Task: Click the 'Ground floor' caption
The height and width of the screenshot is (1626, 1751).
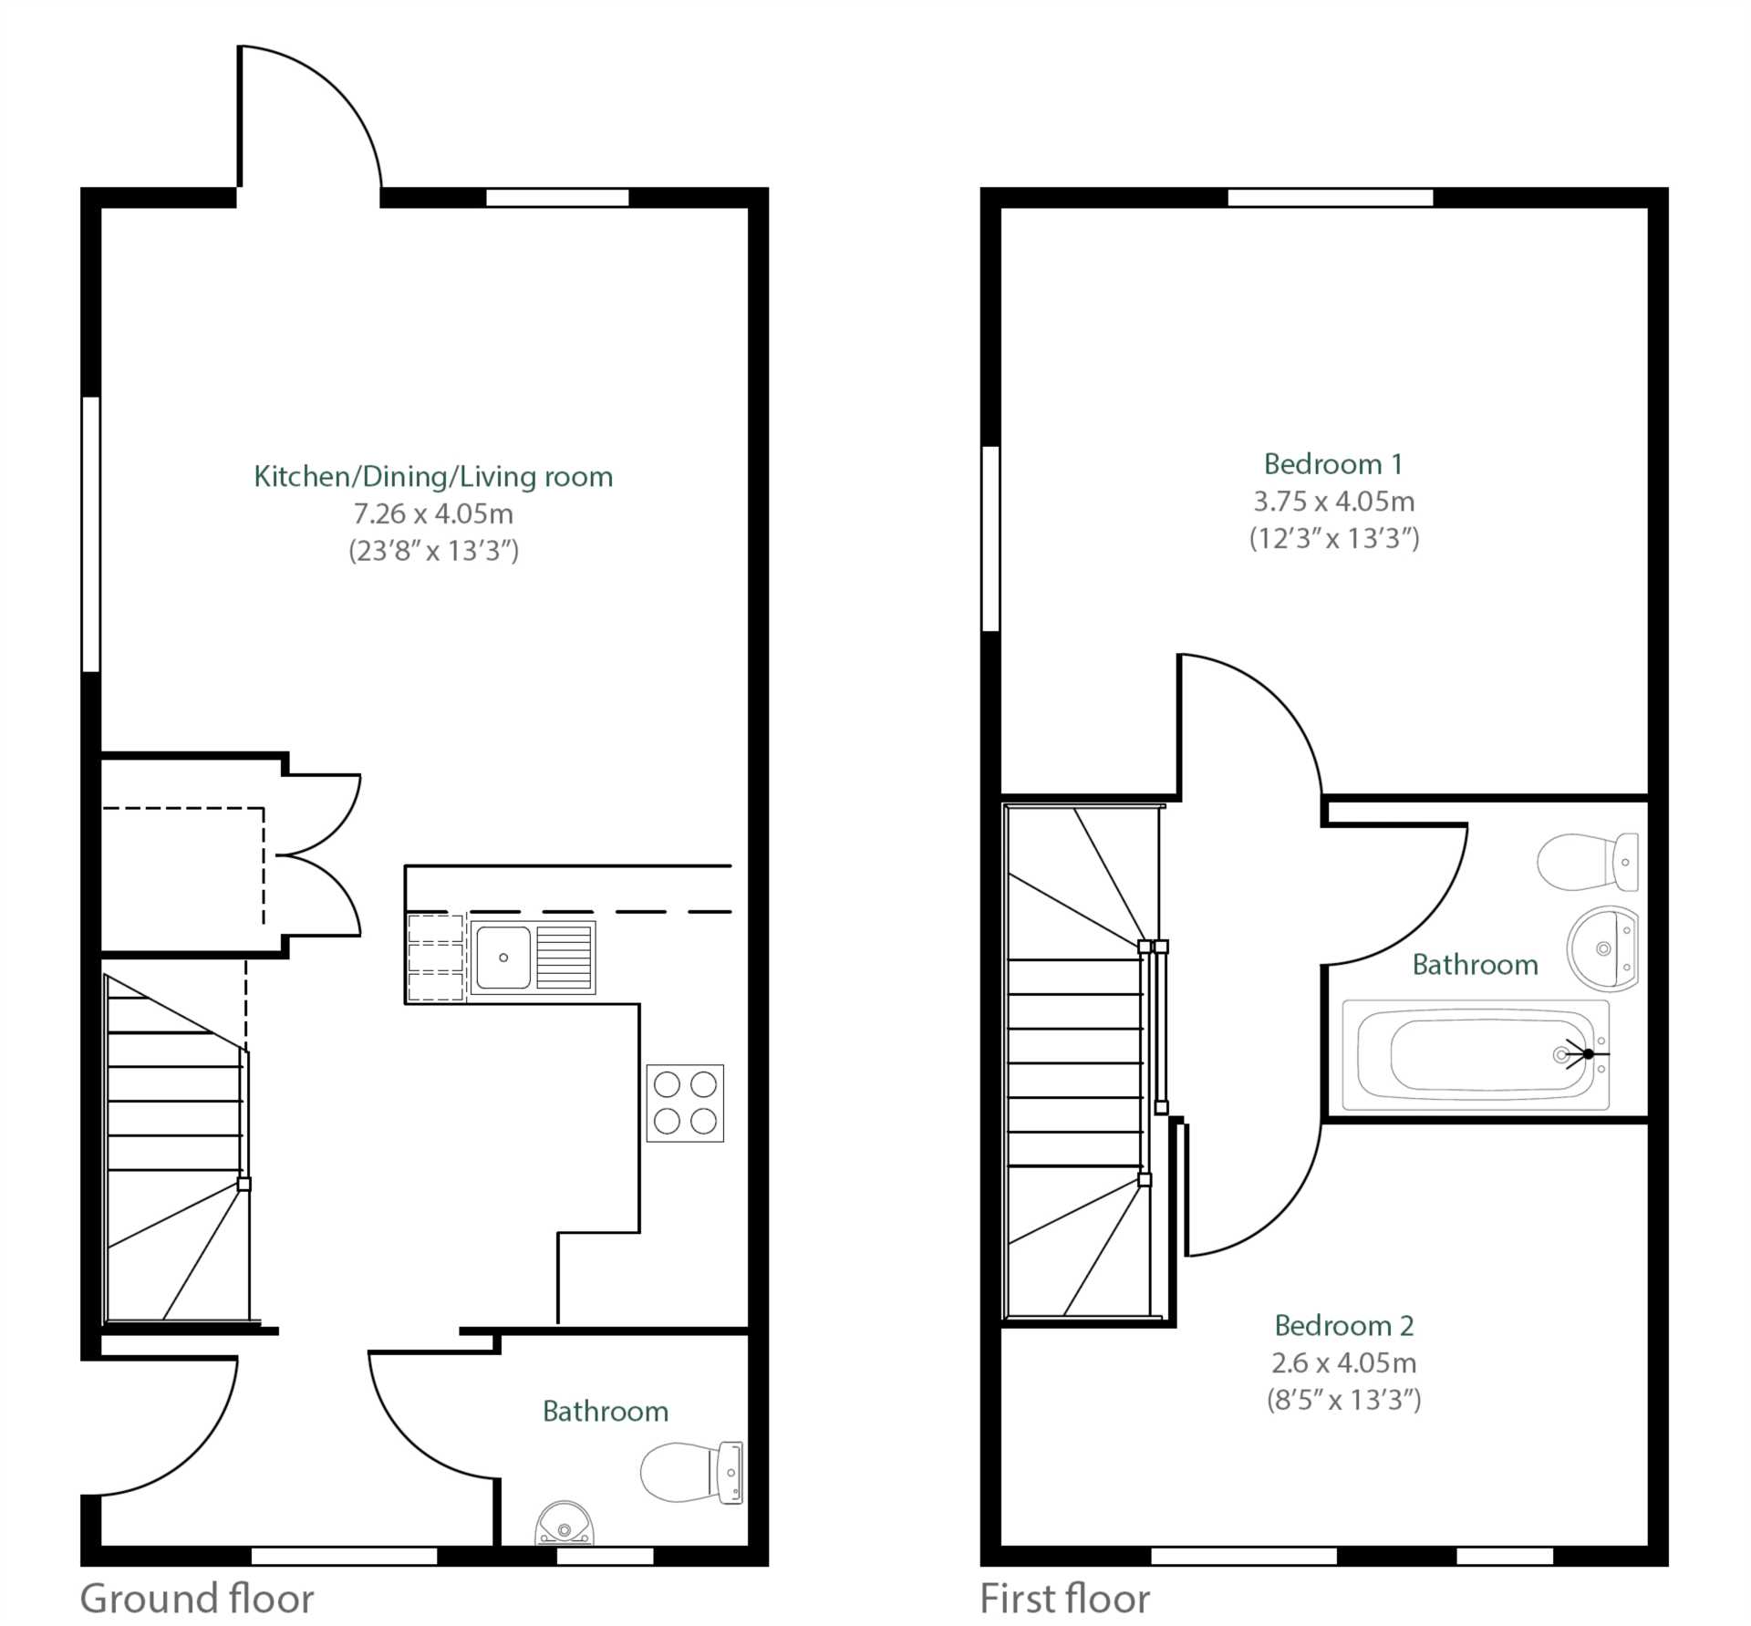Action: pos(197,1599)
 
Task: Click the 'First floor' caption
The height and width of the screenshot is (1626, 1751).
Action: pos(1064,1599)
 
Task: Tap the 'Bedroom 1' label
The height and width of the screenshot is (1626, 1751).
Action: pos(1332,464)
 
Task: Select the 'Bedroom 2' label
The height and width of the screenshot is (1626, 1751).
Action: pos(1343,1325)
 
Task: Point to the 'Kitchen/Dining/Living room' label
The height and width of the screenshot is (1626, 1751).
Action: pos(433,476)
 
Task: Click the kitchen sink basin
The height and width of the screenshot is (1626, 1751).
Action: pos(503,958)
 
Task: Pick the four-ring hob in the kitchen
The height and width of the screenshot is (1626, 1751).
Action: pos(685,1103)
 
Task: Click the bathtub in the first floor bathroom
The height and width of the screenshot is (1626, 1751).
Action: pos(1475,1055)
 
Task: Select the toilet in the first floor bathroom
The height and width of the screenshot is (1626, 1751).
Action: pos(1587,862)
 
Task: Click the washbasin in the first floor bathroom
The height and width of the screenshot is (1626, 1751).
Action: pos(1602,948)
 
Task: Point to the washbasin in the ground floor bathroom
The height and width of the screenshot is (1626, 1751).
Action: pos(565,1524)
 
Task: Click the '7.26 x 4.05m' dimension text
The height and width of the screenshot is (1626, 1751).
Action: pos(433,513)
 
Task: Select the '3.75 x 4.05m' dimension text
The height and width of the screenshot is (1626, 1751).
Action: pos(1333,502)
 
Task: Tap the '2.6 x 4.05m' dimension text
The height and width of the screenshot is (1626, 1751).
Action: pos(1343,1362)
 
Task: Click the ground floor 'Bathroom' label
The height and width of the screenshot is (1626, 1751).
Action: pos(606,1412)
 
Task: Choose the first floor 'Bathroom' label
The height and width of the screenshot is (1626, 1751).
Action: pos(1475,965)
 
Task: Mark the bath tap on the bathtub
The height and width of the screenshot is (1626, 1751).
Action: pos(1587,1054)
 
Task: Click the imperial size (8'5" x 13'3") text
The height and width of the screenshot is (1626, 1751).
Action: pos(1343,1400)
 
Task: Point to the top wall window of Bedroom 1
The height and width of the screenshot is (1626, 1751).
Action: pos(1331,198)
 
